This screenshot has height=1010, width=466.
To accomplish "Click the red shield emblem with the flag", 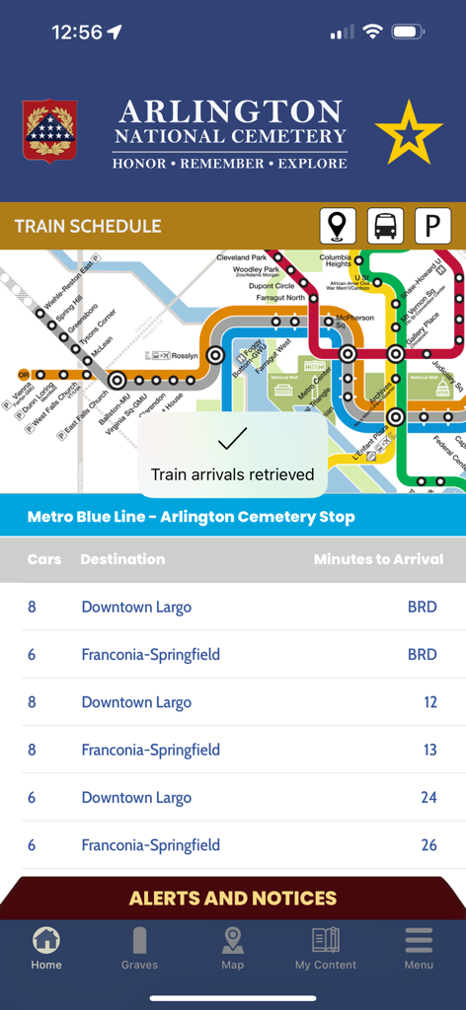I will (x=49, y=131).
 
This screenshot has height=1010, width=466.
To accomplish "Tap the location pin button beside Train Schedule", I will (x=338, y=226).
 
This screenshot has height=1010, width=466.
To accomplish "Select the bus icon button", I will (x=385, y=226).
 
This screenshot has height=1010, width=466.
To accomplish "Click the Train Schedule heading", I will (x=88, y=226).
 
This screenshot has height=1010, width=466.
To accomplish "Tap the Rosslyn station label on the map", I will (x=184, y=356).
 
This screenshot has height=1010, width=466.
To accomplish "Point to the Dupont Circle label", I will (x=271, y=286).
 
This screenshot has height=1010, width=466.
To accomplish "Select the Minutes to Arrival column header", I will (x=378, y=559).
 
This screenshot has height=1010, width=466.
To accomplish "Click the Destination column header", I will (x=122, y=559).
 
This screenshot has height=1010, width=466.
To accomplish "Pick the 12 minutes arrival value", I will (x=429, y=702).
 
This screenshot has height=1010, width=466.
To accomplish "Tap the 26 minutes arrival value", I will (x=428, y=845).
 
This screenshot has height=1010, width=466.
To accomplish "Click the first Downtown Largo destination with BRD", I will (x=136, y=607).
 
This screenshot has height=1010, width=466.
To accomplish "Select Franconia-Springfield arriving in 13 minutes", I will (x=150, y=750).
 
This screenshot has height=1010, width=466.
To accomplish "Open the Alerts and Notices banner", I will (x=233, y=898).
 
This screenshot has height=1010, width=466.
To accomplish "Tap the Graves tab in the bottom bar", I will (x=139, y=948).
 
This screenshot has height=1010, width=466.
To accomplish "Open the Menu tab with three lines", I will (x=419, y=948).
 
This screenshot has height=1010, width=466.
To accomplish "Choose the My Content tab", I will (x=326, y=948).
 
